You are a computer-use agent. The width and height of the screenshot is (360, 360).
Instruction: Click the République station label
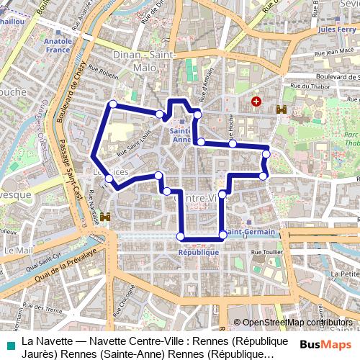(x=198, y=253)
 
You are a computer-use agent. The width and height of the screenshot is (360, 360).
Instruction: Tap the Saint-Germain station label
(x=250, y=232)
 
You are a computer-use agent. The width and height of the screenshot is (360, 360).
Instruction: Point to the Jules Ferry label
(x=336, y=30)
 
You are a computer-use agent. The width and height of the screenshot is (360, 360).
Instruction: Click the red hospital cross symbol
(x=256, y=102)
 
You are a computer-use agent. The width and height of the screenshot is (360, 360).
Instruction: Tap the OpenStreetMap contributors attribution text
(x=297, y=323)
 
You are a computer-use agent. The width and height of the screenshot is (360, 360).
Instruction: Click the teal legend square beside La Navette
(x=8, y=346)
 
